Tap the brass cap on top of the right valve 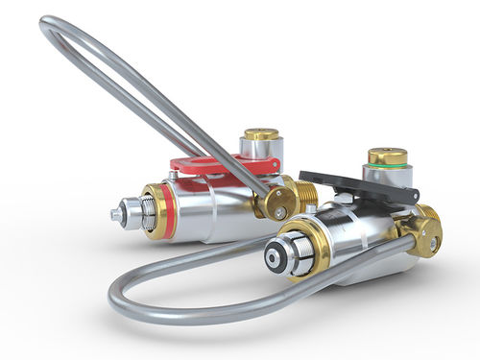tap(388, 156)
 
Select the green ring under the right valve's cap tap(388, 167)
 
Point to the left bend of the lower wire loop tap(120, 288)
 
